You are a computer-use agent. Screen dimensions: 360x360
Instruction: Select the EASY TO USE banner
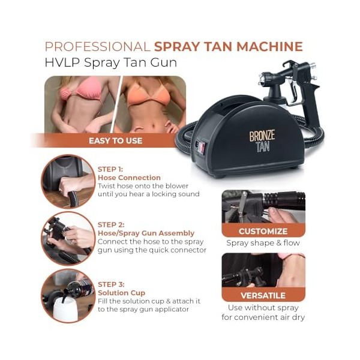pyautogui.click(x=115, y=140)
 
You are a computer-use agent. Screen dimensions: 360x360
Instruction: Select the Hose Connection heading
pyautogui.click(x=129, y=178)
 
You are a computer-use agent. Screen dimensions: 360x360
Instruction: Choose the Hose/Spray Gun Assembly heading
pyautogui.click(x=146, y=233)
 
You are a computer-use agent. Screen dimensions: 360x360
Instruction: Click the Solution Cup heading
pyautogui.click(x=121, y=292)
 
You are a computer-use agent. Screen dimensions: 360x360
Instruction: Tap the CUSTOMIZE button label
pyautogui.click(x=263, y=231)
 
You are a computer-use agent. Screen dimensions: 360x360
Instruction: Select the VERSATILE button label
pyautogui.click(x=263, y=295)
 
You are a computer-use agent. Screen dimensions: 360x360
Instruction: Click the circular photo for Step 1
pyautogui.click(x=68, y=181)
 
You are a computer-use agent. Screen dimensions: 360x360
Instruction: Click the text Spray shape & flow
pyautogui.click(x=263, y=244)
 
